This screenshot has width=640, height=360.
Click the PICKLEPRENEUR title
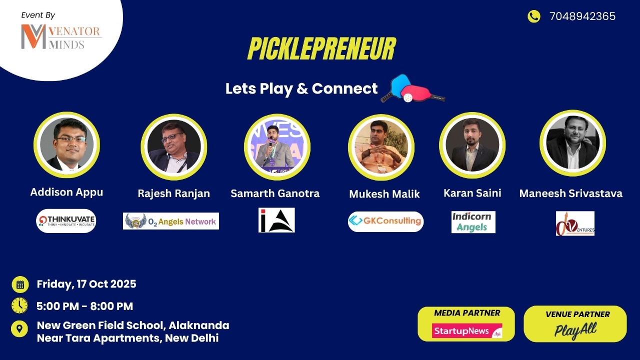pos(321,49)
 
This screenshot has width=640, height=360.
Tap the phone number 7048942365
pos(582,16)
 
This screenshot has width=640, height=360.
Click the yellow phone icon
pos(534,16)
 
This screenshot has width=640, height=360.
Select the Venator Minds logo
pos(61,37)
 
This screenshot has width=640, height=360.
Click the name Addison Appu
pos(66,192)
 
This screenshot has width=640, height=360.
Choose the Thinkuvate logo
pos(66,220)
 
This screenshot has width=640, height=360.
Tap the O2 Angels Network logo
pos(171,221)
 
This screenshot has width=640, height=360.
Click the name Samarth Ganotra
pos(275,193)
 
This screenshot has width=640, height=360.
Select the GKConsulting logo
pos(385,221)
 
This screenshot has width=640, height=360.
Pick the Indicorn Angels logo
pos(473,222)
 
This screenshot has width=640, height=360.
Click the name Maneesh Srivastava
pos(571,193)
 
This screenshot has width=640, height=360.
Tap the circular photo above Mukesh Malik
pos(381,147)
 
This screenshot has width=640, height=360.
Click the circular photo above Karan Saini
pos(472,144)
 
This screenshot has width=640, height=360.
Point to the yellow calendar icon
pos(20,284)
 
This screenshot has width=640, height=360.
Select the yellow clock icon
pos(19,305)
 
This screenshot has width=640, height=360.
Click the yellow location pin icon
pos(19,328)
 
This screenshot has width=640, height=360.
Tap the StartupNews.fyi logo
pos(466,331)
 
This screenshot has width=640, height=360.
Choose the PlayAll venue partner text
pos(575,330)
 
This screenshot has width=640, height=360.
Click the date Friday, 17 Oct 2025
pos(86,284)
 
